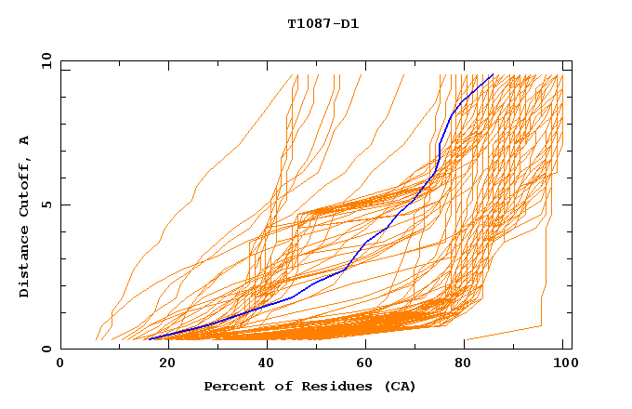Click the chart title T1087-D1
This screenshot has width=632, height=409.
coord(323,24)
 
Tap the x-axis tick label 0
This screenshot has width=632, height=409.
coord(60,363)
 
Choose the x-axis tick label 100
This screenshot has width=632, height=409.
coord(564,363)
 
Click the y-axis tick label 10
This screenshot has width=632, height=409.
coord(46,60)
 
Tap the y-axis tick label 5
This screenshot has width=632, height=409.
coord(46,204)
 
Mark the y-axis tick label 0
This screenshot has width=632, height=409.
coord(46,349)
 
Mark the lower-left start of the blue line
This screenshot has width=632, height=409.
coord(149,339)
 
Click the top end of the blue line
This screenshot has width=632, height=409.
coord(493,75)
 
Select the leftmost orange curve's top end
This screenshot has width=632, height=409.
coord(297,75)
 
